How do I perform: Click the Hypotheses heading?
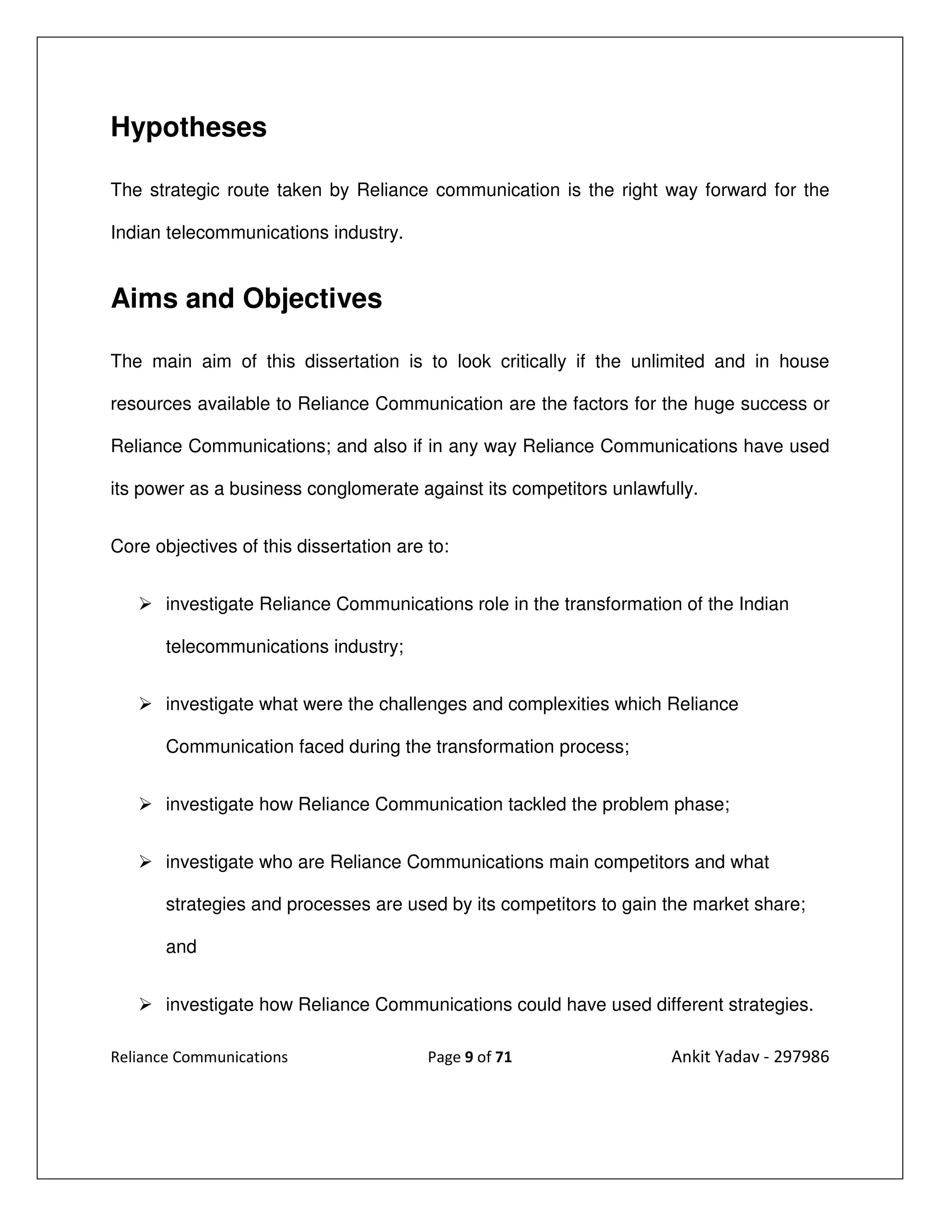click(188, 128)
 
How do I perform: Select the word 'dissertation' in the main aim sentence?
click(352, 362)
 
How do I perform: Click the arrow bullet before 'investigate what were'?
click(145, 704)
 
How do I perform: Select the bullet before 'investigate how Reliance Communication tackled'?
click(145, 804)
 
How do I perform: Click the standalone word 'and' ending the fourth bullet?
click(181, 947)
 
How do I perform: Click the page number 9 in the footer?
click(468, 1057)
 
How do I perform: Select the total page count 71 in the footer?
click(503, 1057)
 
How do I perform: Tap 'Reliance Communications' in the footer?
click(199, 1057)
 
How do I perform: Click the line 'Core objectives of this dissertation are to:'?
click(280, 547)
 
